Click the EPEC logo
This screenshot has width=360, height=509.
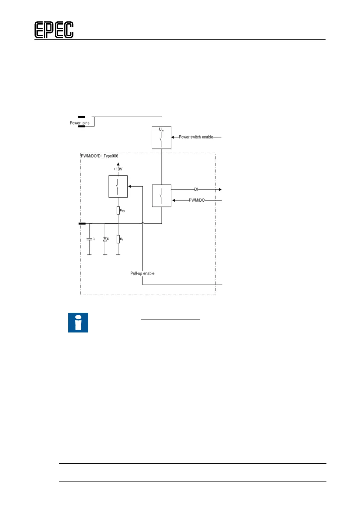point(54,30)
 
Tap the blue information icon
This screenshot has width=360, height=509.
point(78,323)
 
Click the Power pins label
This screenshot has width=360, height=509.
point(79,123)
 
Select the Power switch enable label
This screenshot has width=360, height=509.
point(196,137)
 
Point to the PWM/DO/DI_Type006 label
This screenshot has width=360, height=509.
point(100,156)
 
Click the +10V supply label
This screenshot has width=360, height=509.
point(118,169)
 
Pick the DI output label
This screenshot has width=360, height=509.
point(196,189)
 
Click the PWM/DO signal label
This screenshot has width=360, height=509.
point(197,200)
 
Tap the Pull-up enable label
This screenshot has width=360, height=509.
point(142,273)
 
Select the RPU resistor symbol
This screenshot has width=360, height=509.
point(118,210)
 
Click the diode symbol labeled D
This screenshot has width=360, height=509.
point(105,239)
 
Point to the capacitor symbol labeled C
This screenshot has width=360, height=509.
point(89,239)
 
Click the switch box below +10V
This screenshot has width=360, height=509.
point(118,186)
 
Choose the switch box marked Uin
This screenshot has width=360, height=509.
point(161,138)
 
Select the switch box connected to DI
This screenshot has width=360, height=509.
point(161,196)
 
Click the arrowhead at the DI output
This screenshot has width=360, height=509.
point(220,190)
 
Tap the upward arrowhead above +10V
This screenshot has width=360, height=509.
point(118,164)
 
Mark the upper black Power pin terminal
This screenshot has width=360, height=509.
point(82,117)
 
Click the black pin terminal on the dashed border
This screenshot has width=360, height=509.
point(82,224)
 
